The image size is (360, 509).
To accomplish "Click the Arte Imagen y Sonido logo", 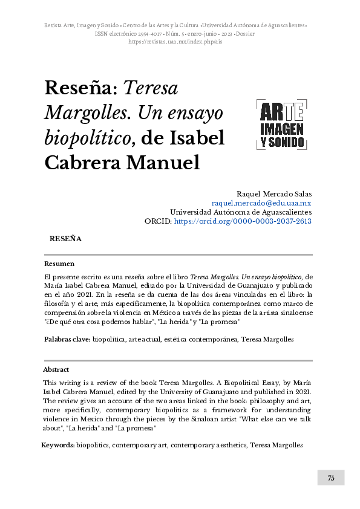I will coord(282,125).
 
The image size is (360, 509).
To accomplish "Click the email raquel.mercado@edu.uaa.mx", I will coord(261,203).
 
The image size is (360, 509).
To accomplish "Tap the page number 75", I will coord(331,478).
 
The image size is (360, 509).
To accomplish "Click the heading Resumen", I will coord(59,264).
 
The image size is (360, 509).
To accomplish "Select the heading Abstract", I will coord(56,369).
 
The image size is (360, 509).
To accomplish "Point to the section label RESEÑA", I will coord(65,239).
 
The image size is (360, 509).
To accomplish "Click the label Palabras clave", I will coord(67,340).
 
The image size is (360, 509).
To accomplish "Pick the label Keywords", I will coord(57,445).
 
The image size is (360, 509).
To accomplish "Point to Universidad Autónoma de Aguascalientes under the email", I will coord(241,212).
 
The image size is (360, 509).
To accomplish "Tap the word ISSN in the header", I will coord(102,34).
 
